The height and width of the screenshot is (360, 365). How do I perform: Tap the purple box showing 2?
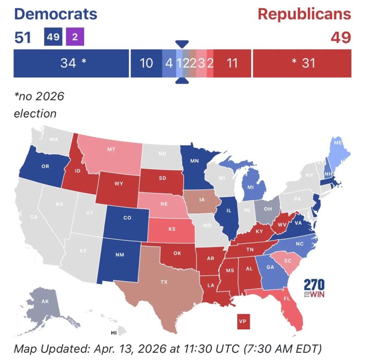click(75, 37)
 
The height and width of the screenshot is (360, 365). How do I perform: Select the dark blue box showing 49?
click(53, 37)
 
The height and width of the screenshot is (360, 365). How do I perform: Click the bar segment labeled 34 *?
click(71, 63)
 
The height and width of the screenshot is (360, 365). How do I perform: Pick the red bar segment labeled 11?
click(232, 63)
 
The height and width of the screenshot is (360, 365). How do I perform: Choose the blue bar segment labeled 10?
click(146, 63)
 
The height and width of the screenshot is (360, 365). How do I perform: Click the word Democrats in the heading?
click(56, 14)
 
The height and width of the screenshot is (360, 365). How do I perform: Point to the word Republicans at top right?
click(304, 14)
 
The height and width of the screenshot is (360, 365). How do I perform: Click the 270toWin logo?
click(314, 288)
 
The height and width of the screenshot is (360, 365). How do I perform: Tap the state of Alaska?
click(45, 302)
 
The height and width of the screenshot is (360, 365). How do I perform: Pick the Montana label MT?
click(111, 149)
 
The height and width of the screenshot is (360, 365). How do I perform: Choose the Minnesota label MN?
click(194, 160)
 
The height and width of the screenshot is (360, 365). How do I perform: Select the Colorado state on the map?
click(127, 218)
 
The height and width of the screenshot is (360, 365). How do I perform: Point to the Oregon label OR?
click(45, 166)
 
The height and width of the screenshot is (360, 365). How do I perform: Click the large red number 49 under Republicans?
click(341, 37)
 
